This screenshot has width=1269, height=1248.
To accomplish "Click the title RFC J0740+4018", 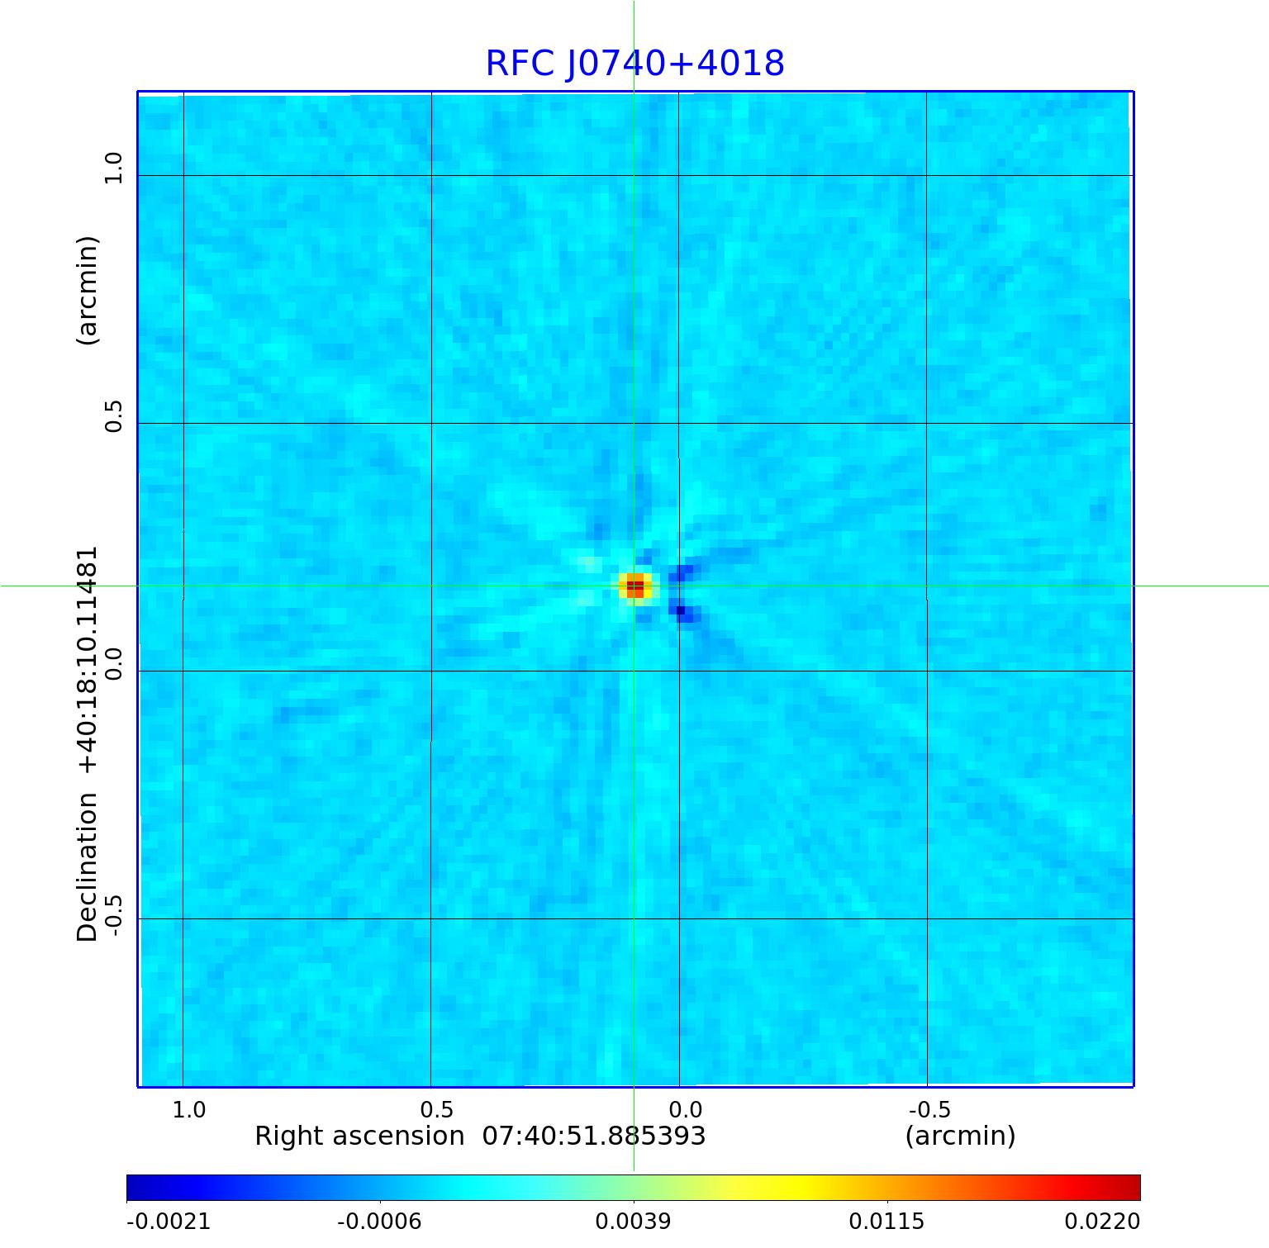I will [x=634, y=64].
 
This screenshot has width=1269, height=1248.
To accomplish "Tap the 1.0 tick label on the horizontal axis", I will [x=189, y=1109].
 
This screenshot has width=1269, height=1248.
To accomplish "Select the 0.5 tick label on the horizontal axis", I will [x=437, y=1109].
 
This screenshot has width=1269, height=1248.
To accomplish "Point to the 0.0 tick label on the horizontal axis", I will [x=685, y=1109].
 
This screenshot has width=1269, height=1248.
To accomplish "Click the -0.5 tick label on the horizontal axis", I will [x=929, y=1109].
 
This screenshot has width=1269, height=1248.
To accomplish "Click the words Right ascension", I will [x=359, y=1136].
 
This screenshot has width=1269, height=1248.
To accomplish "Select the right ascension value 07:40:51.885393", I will [x=593, y=1136].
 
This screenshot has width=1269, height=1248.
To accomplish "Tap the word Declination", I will [x=88, y=867].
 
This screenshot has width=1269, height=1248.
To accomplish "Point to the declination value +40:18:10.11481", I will [x=88, y=661].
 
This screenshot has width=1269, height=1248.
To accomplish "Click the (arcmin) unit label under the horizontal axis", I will [x=960, y=1136].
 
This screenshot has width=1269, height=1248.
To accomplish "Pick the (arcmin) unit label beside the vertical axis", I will [x=88, y=291].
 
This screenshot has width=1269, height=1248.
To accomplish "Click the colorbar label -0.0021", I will [x=169, y=1221].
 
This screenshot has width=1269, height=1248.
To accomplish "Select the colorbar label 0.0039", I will [x=633, y=1221].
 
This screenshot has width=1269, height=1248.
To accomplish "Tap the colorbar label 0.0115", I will [x=887, y=1221].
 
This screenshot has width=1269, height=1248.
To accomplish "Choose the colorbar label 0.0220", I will [x=1102, y=1221].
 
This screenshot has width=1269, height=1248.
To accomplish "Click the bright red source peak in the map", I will [x=634, y=586].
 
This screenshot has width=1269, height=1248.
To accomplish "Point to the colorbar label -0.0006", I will [x=380, y=1221].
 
